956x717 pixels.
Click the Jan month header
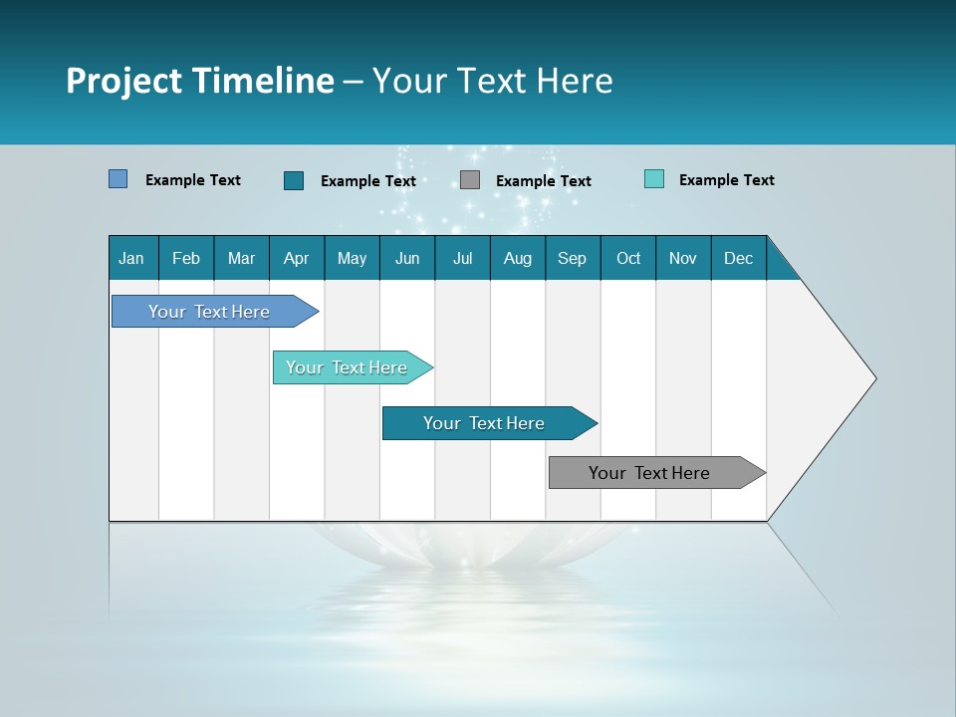pyautogui.click(x=131, y=258)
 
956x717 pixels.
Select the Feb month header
pyautogui.click(x=186, y=258)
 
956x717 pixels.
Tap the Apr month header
pyautogui.click(x=296, y=258)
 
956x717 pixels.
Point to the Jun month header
pyautogui.click(x=407, y=258)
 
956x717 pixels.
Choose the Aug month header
pyautogui.click(x=517, y=258)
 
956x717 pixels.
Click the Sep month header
pyautogui.click(x=572, y=258)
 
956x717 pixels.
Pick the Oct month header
pyautogui.click(x=628, y=258)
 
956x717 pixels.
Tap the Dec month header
pyautogui.click(x=738, y=258)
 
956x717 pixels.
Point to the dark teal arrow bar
pyautogui.click(x=485, y=423)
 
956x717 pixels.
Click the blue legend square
pyautogui.click(x=118, y=179)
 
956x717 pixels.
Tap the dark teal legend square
pyautogui.click(x=294, y=180)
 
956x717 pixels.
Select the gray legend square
pyautogui.click(x=470, y=180)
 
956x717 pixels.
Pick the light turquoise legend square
pyautogui.click(x=654, y=179)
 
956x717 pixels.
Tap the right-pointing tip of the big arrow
pyautogui.click(x=872, y=378)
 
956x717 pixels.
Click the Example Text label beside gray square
pyautogui.click(x=544, y=181)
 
